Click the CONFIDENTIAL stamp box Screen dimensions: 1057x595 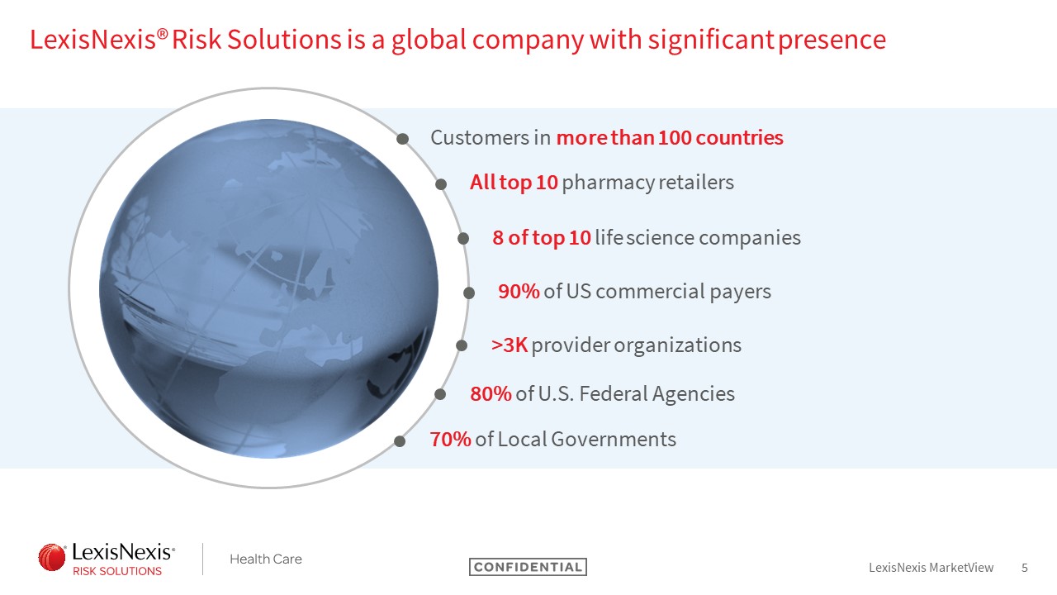(528, 567)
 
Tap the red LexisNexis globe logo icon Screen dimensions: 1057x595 (52, 557)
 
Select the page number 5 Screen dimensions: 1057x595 (1025, 568)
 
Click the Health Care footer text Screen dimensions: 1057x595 (266, 559)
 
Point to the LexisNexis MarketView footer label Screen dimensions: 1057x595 (931, 568)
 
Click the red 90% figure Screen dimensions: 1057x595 (519, 292)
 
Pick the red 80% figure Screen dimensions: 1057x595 (491, 394)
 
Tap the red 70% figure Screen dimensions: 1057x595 (450, 439)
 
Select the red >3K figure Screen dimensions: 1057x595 (510, 345)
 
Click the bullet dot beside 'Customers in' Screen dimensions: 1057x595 (402, 139)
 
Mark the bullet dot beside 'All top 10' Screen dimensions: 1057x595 (441, 184)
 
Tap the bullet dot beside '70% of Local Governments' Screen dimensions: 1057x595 (400, 441)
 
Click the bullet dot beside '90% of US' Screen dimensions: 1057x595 (468, 293)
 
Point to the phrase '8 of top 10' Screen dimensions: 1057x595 (542, 238)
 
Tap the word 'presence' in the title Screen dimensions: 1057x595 (832, 40)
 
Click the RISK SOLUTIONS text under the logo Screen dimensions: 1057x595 (117, 571)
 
